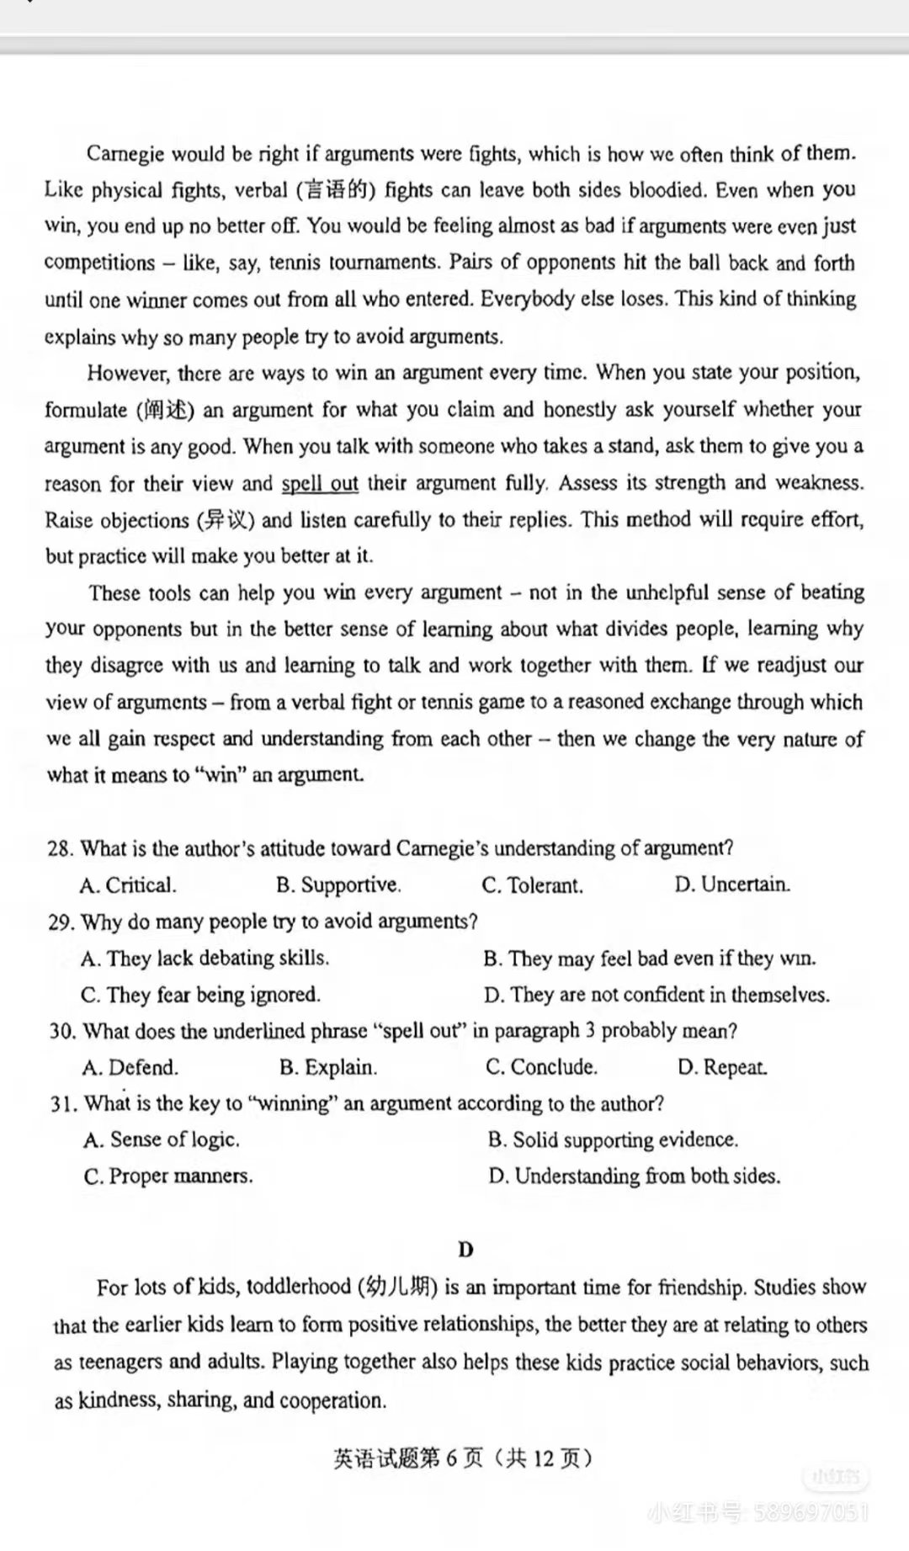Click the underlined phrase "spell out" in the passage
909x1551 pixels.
(320, 484)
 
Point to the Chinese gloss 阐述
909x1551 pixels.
(165, 411)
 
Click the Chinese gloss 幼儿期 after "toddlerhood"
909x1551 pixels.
(397, 1288)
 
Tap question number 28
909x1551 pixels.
(60, 848)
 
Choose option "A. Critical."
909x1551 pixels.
(128, 885)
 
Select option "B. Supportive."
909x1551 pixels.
(338, 885)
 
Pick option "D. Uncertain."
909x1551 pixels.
(731, 884)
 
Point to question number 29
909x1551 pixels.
(61, 922)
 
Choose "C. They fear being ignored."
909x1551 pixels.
(200, 995)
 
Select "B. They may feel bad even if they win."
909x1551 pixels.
(649, 959)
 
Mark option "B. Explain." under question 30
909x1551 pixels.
(328, 1068)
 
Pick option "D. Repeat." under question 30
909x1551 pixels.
(722, 1068)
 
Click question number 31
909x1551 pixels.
(62, 1104)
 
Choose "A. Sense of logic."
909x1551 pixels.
(162, 1140)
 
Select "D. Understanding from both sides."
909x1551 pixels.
(634, 1177)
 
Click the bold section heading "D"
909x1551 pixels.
(465, 1250)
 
